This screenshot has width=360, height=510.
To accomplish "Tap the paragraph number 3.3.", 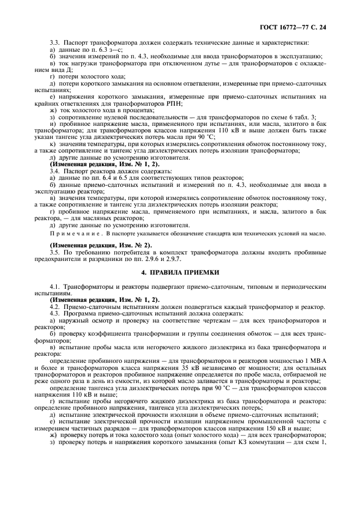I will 54,42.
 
